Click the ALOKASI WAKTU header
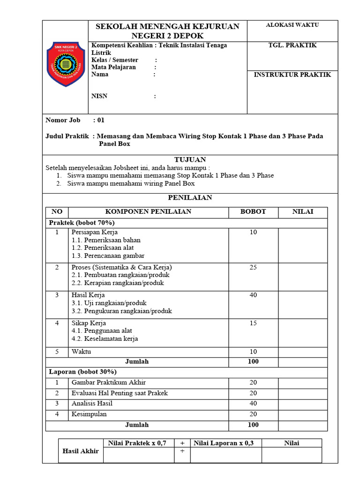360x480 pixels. pos(292,25)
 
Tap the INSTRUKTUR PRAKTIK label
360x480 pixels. pos(292,75)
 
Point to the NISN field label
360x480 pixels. pos(99,96)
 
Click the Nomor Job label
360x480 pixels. pos(63,120)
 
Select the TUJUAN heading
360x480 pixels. pos(190,160)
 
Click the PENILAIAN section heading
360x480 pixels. pos(190,198)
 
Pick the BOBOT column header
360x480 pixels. pos(253,212)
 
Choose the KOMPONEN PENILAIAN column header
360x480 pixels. pos(148,212)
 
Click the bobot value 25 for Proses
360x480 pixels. pos(253,268)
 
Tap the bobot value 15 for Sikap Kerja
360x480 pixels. pos(253,323)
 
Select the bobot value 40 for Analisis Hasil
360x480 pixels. pos(253,404)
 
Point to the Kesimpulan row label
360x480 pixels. pos(89,414)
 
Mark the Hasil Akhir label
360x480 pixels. pos(81,451)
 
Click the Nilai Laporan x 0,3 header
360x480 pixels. pos(224,443)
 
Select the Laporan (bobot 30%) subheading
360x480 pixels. pos(83,372)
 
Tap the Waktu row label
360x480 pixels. pos(81,352)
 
